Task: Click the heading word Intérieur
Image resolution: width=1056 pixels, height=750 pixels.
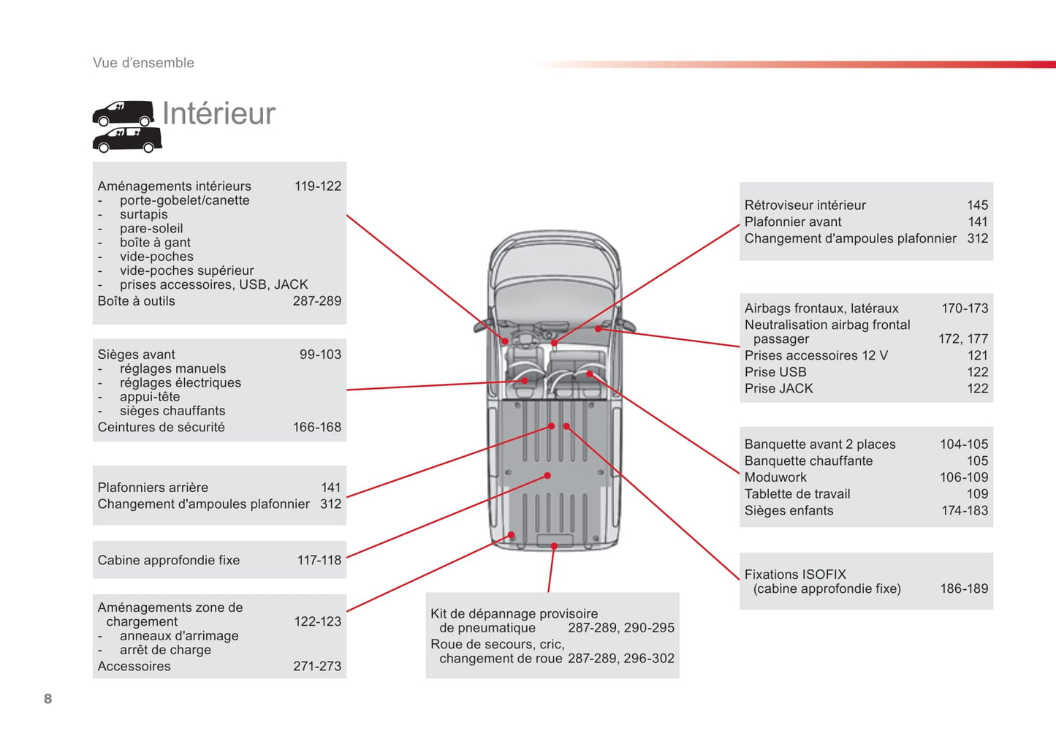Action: point(219,113)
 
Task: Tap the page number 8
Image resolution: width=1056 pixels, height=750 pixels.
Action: point(48,699)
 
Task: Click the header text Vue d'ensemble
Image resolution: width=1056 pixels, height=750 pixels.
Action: point(143,63)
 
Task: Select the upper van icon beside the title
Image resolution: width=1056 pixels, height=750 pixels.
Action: point(123,113)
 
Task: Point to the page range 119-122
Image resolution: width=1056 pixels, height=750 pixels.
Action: point(317,186)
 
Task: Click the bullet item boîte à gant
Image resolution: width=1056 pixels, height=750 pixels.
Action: point(155,243)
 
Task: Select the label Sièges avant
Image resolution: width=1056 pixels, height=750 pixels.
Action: point(136,355)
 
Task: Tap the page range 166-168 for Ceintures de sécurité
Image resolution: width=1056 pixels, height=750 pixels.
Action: point(316,428)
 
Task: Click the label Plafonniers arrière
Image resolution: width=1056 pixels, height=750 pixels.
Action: point(153,488)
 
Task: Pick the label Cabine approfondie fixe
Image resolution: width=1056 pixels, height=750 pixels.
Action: point(169,561)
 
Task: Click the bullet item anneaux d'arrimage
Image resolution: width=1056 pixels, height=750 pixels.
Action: point(179,636)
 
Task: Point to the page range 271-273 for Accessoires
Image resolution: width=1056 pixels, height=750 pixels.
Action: point(316,667)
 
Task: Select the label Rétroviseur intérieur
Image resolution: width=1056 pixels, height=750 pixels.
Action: point(805,205)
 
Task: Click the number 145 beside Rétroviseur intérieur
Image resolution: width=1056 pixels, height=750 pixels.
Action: point(977,205)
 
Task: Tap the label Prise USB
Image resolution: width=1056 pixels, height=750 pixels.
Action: point(775,372)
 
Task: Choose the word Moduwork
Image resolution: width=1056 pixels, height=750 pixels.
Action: point(775,477)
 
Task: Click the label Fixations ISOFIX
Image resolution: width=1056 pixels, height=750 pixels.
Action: point(795,575)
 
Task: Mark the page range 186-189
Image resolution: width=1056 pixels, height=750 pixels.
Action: point(963,589)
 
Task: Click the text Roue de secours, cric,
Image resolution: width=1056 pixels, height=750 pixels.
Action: point(497,645)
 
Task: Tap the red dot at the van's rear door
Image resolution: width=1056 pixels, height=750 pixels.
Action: point(555,546)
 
